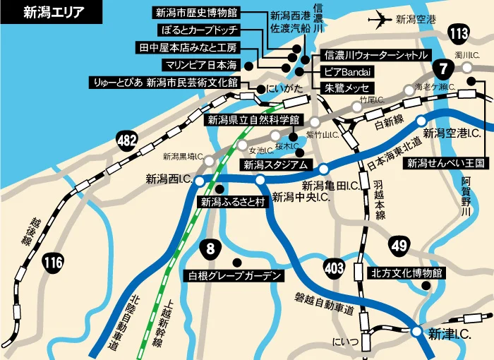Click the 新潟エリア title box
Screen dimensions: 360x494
tap(44, 11)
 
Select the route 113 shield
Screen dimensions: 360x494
tap(459, 32)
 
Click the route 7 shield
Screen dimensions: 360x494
tap(442, 69)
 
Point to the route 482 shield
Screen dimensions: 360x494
tap(127, 141)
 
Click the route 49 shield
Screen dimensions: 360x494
tap(399, 246)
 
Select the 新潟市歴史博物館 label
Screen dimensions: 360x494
tap(197, 12)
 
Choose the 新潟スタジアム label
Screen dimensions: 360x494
tap(275, 165)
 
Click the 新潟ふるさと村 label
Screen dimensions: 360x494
tap(232, 202)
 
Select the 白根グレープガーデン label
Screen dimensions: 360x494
tap(233, 275)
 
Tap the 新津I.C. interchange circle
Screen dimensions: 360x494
tap(417, 331)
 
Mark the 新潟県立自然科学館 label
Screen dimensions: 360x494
tap(253, 120)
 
